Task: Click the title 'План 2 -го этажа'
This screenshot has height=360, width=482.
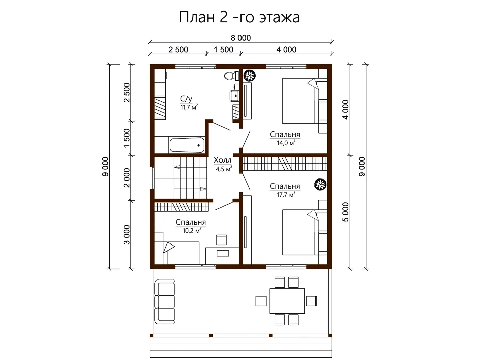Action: point(239,17)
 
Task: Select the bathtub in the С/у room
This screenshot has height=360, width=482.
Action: point(187,145)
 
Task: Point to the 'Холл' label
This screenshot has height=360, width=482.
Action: point(223,160)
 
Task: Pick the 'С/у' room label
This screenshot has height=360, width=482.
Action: point(186,99)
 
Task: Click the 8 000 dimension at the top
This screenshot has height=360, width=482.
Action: point(241,38)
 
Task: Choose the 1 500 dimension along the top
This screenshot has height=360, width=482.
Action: point(223,50)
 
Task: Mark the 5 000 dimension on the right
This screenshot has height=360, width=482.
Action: point(346,212)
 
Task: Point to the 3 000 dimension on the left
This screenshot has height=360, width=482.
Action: point(127,235)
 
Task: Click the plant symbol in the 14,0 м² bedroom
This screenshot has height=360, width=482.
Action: point(250,75)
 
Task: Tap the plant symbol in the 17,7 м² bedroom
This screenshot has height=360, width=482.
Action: point(320,184)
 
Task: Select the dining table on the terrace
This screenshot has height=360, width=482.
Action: point(287,301)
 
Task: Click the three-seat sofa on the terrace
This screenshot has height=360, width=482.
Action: point(165,302)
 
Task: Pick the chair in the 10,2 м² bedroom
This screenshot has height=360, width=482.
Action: point(221,240)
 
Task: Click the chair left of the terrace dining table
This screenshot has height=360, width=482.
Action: point(261,301)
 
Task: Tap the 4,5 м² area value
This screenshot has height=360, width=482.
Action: point(224,169)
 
